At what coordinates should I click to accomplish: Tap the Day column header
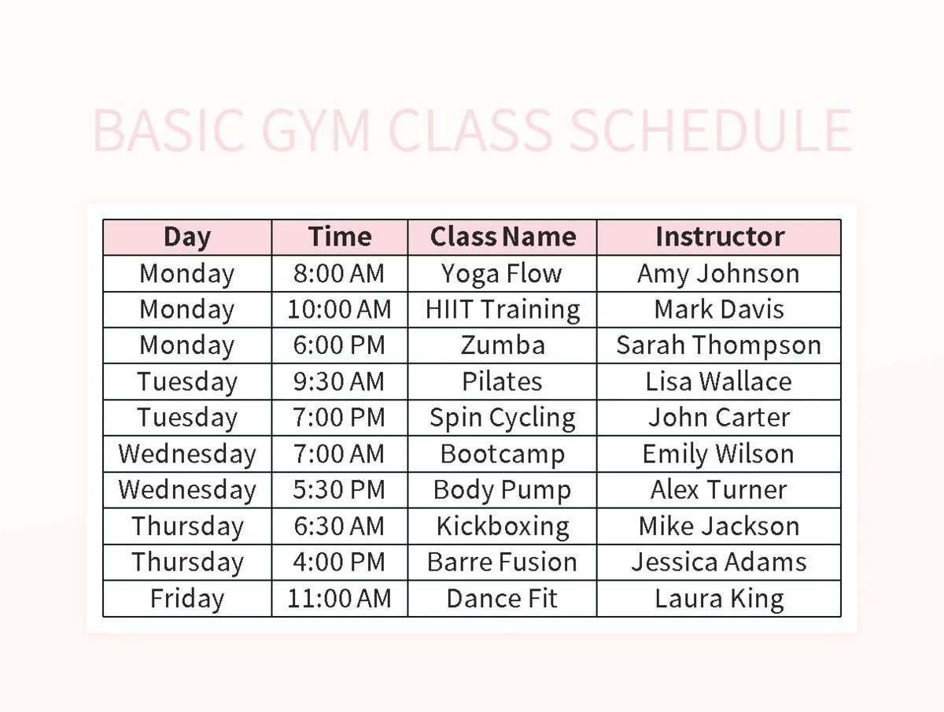(x=187, y=237)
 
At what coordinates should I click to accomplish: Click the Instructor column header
(x=719, y=237)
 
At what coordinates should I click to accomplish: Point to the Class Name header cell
(x=503, y=237)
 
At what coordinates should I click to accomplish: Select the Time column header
(x=339, y=237)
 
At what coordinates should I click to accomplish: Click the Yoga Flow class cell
(x=502, y=273)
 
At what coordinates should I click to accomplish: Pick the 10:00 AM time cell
(x=339, y=309)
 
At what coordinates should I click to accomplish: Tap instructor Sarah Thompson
(x=718, y=345)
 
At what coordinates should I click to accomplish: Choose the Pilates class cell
(x=502, y=382)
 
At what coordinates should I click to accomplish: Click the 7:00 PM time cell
(x=339, y=418)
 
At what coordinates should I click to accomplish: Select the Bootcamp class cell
(x=502, y=454)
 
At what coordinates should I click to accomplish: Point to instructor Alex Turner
(x=718, y=490)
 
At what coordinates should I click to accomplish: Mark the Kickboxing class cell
(x=502, y=526)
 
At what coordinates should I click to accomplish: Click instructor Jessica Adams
(x=718, y=563)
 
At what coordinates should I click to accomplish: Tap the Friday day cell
(x=187, y=599)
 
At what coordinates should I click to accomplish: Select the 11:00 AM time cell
(x=339, y=599)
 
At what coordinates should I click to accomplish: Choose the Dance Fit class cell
(x=502, y=599)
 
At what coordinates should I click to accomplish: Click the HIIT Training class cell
(x=502, y=309)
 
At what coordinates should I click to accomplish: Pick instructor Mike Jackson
(x=718, y=526)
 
